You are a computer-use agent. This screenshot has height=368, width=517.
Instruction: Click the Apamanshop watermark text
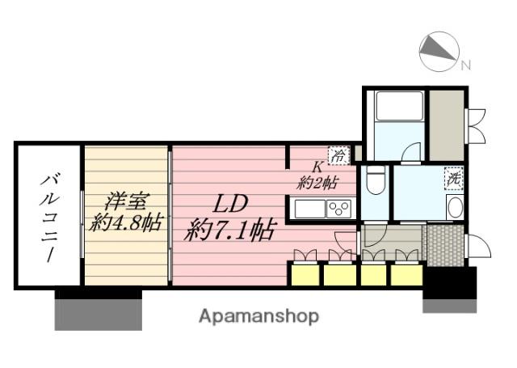point(258,317)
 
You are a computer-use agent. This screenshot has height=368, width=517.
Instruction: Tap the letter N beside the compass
point(465,66)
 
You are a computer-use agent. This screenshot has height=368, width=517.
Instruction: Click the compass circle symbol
point(439,52)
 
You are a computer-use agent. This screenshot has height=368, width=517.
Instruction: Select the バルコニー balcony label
point(49,218)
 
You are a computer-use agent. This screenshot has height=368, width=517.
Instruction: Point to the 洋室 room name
point(127,201)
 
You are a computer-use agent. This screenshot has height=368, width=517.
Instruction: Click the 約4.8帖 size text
point(126,222)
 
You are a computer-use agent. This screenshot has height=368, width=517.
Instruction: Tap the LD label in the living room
point(229,205)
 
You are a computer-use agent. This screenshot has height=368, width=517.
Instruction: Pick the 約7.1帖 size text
point(229,230)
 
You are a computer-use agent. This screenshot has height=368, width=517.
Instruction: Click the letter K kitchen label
point(317,167)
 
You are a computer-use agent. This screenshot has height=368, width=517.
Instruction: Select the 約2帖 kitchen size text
point(317,183)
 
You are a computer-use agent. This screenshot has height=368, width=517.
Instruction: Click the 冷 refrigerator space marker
point(338,155)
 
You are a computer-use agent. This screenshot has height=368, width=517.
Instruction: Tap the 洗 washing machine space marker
point(454,179)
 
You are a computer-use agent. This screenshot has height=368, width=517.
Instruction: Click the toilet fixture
point(376,180)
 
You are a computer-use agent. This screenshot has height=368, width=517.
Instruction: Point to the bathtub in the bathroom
point(400,106)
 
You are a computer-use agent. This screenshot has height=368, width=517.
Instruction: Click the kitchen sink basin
point(310,209)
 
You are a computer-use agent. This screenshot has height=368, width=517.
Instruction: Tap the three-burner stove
point(339,209)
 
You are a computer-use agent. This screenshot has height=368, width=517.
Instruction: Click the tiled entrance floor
point(445,246)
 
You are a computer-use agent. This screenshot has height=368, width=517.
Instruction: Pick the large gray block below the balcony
point(99,315)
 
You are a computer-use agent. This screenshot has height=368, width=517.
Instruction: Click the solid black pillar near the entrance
point(450,283)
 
